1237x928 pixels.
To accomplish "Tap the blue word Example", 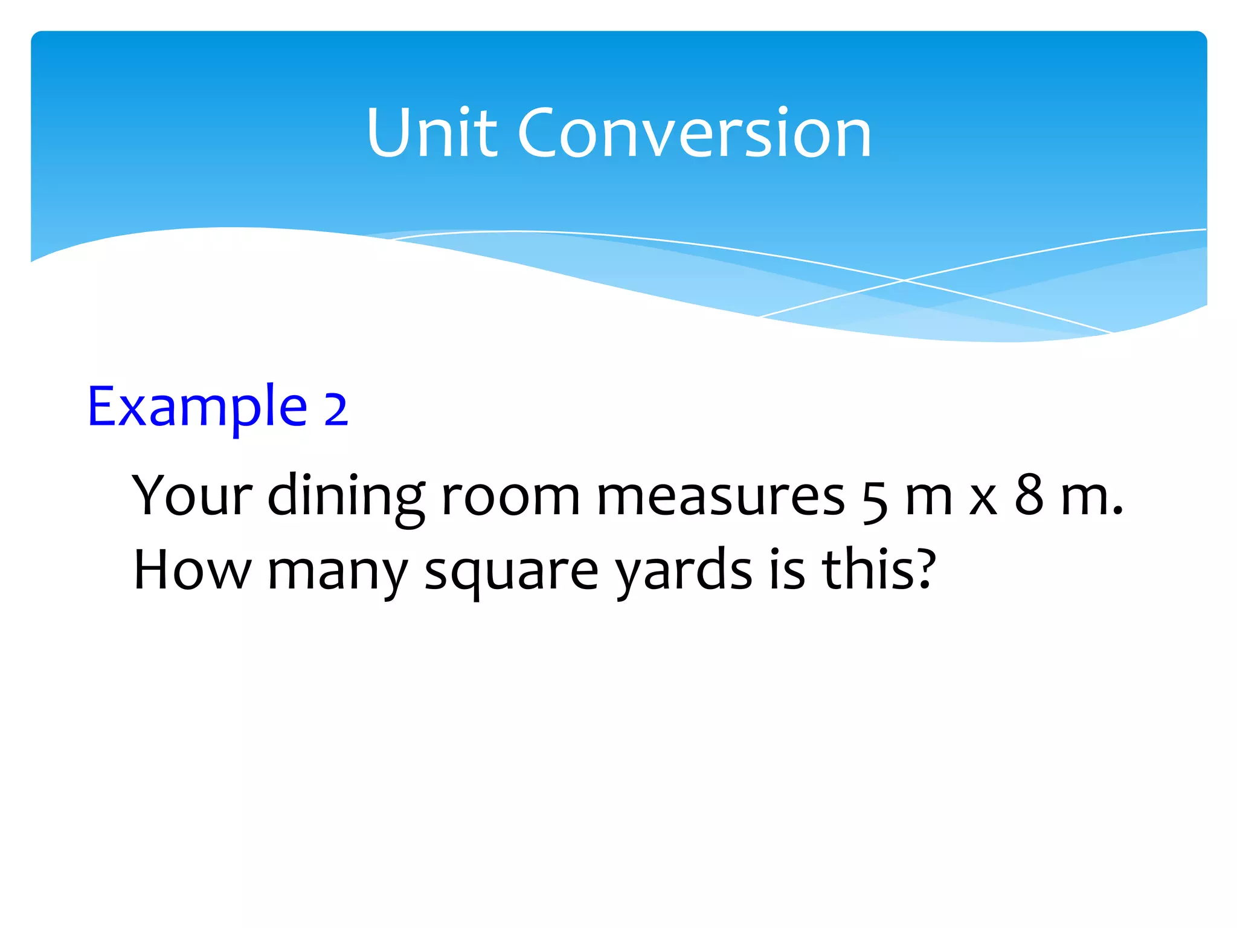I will [x=198, y=407].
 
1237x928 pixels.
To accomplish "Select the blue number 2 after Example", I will [x=336, y=409].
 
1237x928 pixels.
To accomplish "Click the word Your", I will [x=192, y=495].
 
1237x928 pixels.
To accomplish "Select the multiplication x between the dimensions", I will [x=983, y=498].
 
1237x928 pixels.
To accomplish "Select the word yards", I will [x=684, y=572].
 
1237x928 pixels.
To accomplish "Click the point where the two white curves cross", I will [x=904, y=280].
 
